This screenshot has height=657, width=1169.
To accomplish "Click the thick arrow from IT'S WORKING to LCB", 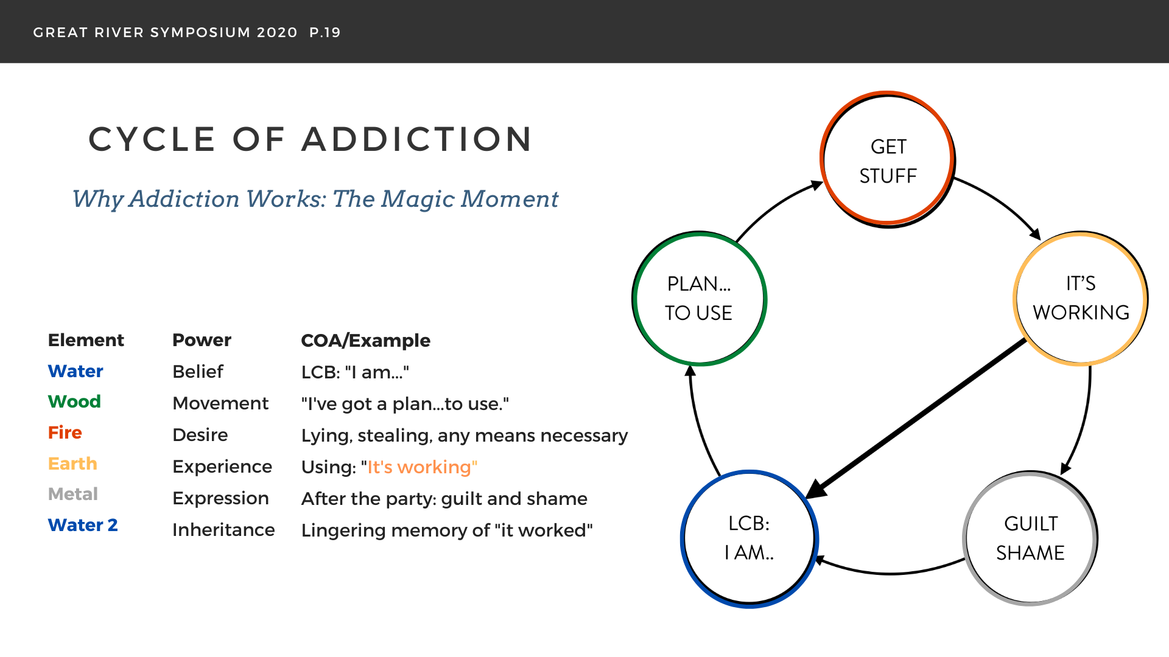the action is (x=916, y=419).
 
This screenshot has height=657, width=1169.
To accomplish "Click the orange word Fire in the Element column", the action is (x=65, y=433).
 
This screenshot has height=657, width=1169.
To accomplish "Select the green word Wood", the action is (x=74, y=401).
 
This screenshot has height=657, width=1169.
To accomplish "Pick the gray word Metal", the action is (x=73, y=494).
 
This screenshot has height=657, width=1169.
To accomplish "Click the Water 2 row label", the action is (x=83, y=525).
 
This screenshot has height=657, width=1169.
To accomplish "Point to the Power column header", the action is (x=202, y=340).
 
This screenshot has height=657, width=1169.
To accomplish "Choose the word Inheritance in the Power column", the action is (x=223, y=530).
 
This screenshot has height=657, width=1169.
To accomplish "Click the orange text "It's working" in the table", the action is (x=422, y=467).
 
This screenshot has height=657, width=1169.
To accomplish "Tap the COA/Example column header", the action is (x=365, y=341).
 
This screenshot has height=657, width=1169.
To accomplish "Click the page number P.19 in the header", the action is (x=325, y=32).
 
